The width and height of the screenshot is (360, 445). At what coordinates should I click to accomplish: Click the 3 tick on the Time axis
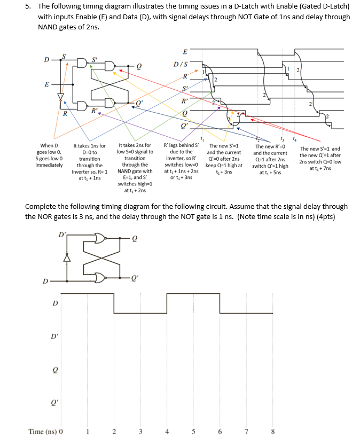pos(140,432)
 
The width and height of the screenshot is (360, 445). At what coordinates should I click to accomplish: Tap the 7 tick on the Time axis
pos(246,432)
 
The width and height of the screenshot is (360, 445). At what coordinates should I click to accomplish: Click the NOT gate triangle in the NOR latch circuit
pos(67,258)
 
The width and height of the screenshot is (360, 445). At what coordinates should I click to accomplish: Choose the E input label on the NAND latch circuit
pos(47,84)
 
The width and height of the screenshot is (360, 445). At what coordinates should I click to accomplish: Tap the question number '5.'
pos(27,6)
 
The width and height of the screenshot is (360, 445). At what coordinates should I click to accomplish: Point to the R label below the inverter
pos(64,114)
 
